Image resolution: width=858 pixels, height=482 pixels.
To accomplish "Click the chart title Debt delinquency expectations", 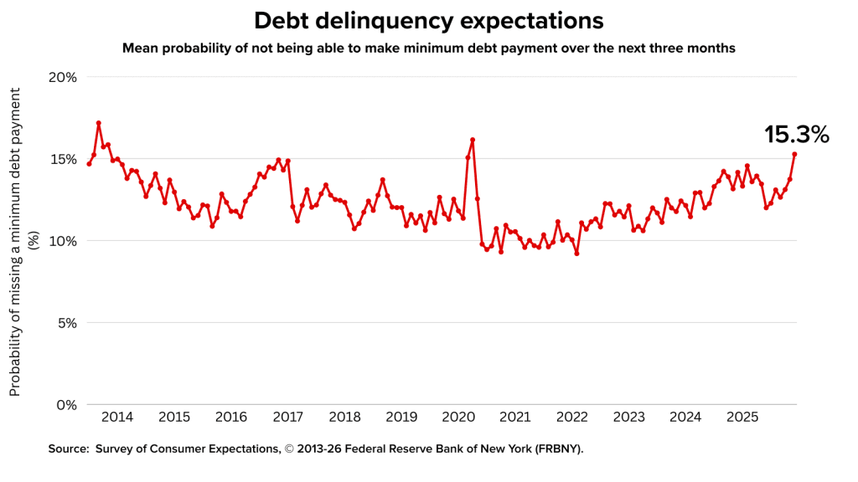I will point(429,20).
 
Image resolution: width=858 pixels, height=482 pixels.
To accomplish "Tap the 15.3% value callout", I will point(796,135).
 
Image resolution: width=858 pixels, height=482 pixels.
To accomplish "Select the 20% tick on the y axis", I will point(59,77).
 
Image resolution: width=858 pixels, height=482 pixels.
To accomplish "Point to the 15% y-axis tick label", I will point(59,159).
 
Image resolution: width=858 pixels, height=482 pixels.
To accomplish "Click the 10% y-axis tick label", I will point(59,241).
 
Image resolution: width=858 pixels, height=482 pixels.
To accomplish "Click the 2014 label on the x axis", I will point(116,417).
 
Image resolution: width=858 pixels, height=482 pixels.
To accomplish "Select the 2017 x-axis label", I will point(287,417).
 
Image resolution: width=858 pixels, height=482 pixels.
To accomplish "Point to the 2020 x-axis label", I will point(458,417).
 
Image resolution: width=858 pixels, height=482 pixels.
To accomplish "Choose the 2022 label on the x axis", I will point(572,417).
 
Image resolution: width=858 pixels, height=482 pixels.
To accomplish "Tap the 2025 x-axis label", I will point(742,417).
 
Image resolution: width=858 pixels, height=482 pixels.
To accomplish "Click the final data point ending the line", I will point(794,154).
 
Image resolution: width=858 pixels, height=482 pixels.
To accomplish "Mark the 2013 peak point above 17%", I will point(99,123).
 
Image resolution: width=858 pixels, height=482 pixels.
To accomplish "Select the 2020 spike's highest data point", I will point(473,140).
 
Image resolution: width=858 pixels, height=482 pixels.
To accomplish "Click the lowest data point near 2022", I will point(576,254).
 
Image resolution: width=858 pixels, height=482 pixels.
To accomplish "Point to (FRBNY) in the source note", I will point(556,449).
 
